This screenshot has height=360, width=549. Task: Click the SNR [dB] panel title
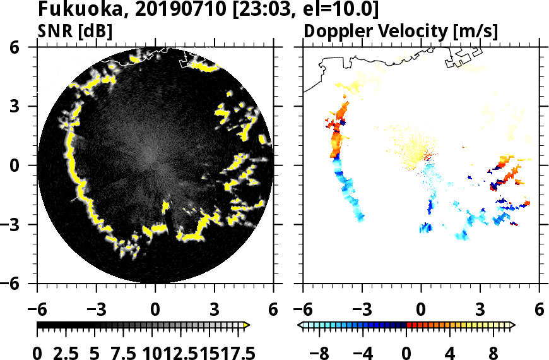tap(74, 32)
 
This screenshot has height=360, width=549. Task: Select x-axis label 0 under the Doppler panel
tap(421, 310)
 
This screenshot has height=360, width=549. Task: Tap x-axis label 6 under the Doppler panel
tap(539, 310)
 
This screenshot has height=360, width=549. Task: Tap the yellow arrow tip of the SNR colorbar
tap(247, 325)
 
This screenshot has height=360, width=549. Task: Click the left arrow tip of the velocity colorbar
tap(300, 325)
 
